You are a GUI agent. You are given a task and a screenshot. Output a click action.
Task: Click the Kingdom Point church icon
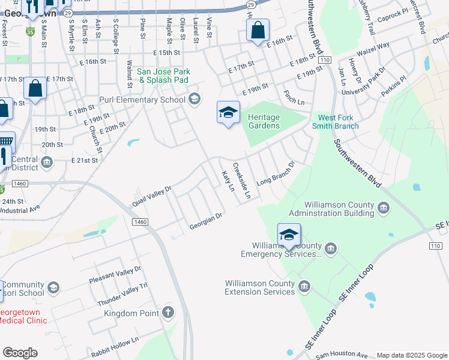(168, 313)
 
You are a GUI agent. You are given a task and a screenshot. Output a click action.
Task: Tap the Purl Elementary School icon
(194, 98)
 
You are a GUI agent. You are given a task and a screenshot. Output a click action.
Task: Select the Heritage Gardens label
(264, 121)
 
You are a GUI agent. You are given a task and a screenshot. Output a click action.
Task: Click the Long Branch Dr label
(276, 173)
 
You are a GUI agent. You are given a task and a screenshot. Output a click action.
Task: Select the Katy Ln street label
(228, 181)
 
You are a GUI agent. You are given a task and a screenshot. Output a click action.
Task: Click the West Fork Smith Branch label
(338, 122)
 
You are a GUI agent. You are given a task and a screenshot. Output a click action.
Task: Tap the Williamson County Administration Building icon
(384, 208)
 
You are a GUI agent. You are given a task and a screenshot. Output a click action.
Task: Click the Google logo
(20, 353)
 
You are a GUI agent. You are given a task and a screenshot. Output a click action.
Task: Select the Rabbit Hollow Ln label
(115, 348)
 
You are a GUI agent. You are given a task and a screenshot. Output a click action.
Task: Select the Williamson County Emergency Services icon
(331, 248)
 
